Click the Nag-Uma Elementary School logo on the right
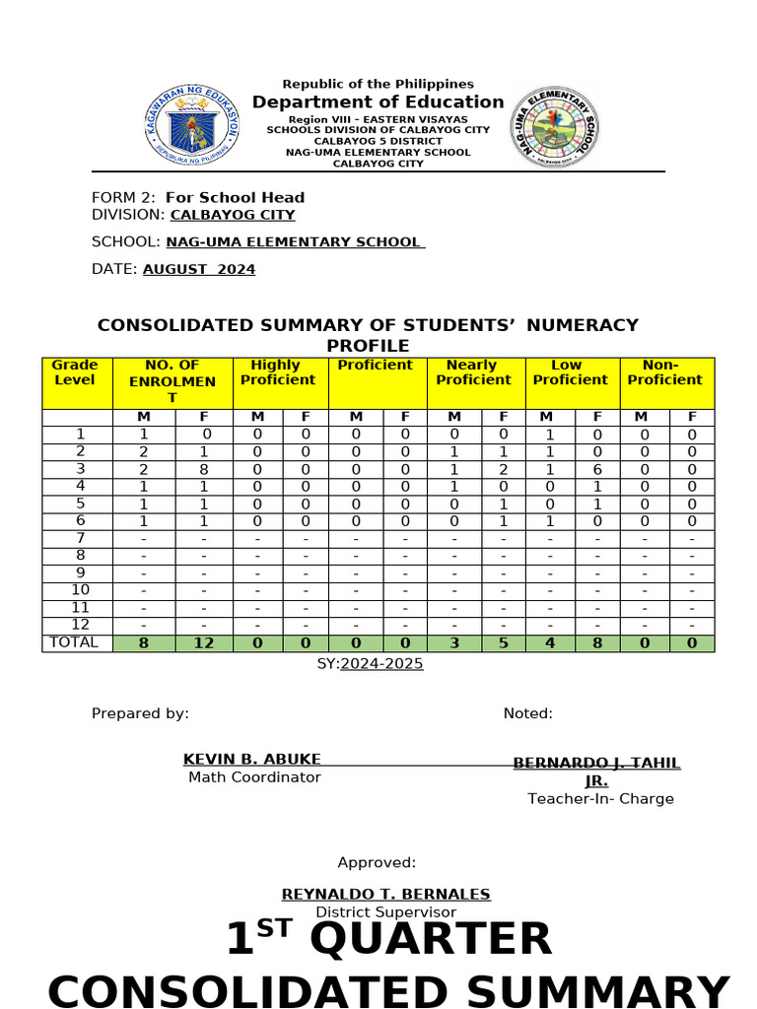click(x=553, y=124)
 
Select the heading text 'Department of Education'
click(x=378, y=102)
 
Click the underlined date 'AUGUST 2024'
click(x=199, y=269)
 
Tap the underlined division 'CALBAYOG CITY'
click(x=233, y=214)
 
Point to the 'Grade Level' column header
click(x=75, y=372)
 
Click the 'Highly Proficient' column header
click(x=278, y=372)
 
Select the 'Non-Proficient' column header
click(x=665, y=372)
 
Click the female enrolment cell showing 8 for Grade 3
click(x=204, y=470)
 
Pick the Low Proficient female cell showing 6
click(x=597, y=470)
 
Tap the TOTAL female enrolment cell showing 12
click(x=204, y=643)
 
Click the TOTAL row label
click(x=73, y=642)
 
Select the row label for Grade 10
click(x=80, y=590)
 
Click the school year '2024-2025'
click(x=381, y=663)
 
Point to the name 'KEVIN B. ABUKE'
click(x=251, y=759)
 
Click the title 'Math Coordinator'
click(x=254, y=777)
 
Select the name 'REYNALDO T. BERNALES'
click(x=385, y=894)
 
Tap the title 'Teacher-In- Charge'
click(x=600, y=799)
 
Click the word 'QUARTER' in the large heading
click(x=430, y=939)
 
